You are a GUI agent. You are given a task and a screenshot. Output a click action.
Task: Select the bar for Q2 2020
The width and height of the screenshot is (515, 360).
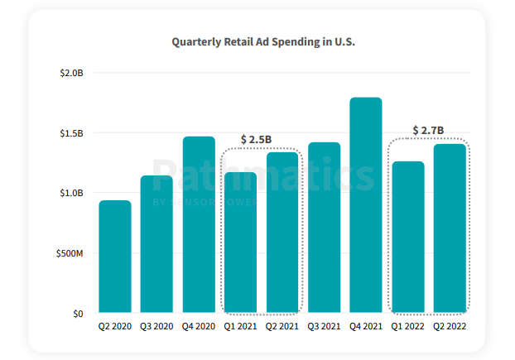[x=115, y=257]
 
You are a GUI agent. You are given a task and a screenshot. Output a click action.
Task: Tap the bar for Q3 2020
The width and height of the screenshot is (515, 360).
[x=156, y=244]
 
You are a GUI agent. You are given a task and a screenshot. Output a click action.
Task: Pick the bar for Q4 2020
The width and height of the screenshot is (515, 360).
[x=199, y=224]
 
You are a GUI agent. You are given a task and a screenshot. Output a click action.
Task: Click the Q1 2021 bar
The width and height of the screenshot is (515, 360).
[x=241, y=242]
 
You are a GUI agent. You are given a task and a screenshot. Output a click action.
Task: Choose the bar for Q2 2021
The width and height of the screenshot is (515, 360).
[x=282, y=233]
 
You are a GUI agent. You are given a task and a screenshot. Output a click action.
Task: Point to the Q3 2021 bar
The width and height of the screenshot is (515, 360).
[x=325, y=228]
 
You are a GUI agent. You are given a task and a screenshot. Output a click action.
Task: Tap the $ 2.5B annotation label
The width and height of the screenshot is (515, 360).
[x=256, y=139]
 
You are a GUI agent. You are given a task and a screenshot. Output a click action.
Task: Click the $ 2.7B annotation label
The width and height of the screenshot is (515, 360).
[x=428, y=131]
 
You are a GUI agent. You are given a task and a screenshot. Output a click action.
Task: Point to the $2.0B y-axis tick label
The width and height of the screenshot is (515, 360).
[x=72, y=73]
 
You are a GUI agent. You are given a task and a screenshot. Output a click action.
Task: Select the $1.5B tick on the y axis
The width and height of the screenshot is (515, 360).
[x=72, y=133]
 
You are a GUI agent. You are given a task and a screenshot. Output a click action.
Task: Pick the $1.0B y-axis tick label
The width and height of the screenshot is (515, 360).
[x=72, y=193]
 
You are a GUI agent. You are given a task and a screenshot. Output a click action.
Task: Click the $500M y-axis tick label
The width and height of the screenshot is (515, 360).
[x=70, y=253]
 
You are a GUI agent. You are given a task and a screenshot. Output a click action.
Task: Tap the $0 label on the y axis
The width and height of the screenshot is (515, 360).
[x=77, y=314]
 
